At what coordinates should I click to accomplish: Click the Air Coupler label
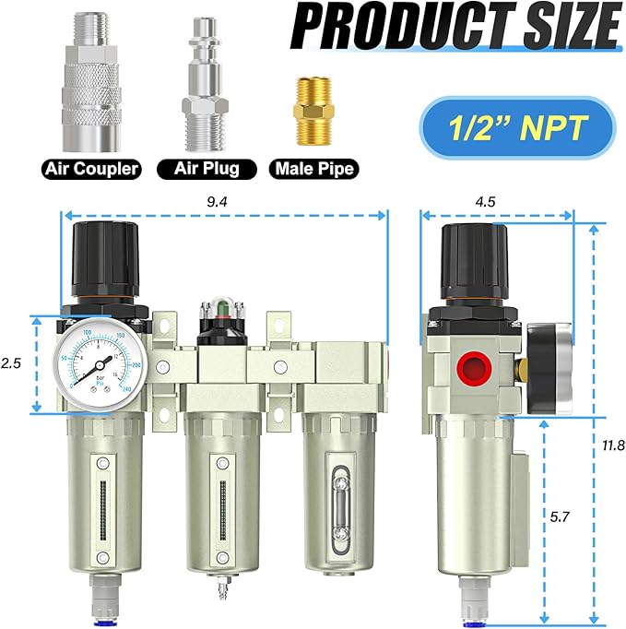(x=89, y=170)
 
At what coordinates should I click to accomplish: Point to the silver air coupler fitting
(x=89, y=83)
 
